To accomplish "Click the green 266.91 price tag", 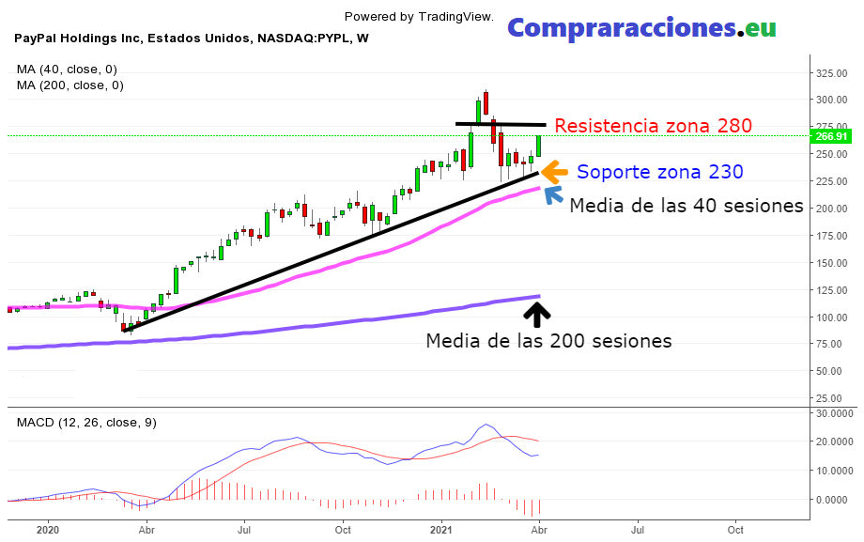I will [832, 136].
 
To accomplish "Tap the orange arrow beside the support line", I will [553, 172].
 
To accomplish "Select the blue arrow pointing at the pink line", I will [553, 194].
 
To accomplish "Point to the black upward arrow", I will [542, 313].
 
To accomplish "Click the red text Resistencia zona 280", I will [653, 126].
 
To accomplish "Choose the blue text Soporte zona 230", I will [659, 172].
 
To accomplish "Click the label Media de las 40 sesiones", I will [686, 205].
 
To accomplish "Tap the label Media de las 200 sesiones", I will [548, 341].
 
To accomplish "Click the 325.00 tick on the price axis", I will [833, 73].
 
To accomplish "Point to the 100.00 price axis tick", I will [833, 317].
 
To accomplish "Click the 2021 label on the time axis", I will [441, 529].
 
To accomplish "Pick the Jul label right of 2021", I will [638, 529].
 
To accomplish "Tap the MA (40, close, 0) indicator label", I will [68, 69].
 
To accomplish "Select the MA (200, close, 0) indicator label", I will [70, 85].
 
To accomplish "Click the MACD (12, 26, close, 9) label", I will [86, 422].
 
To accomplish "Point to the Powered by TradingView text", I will [432, 16].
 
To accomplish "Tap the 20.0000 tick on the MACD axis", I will [834, 441].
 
